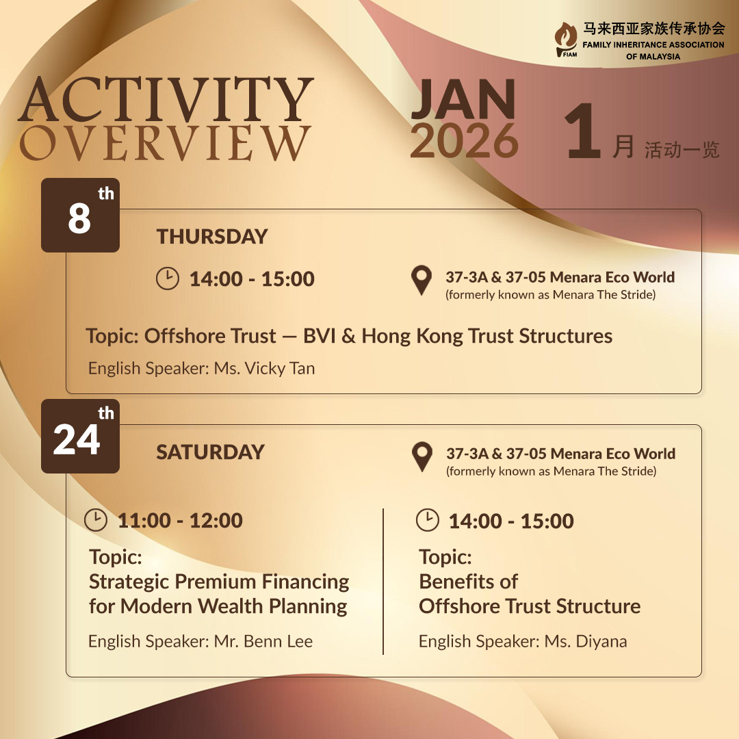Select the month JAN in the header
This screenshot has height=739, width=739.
coord(463,100)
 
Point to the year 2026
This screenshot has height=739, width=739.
coord(464,141)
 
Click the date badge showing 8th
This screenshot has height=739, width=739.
coord(80,216)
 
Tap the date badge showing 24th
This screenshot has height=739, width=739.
coord(80,437)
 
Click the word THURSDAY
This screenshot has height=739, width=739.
coord(212,237)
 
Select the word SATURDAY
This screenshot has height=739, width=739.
coord(210,452)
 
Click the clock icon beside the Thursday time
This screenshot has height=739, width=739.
coord(168,278)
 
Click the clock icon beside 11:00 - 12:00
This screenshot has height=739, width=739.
coord(96,520)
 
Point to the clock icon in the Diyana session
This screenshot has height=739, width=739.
coord(428,520)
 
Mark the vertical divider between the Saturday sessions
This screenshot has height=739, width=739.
coord(383,581)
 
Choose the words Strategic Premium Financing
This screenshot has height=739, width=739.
coord(219,582)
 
